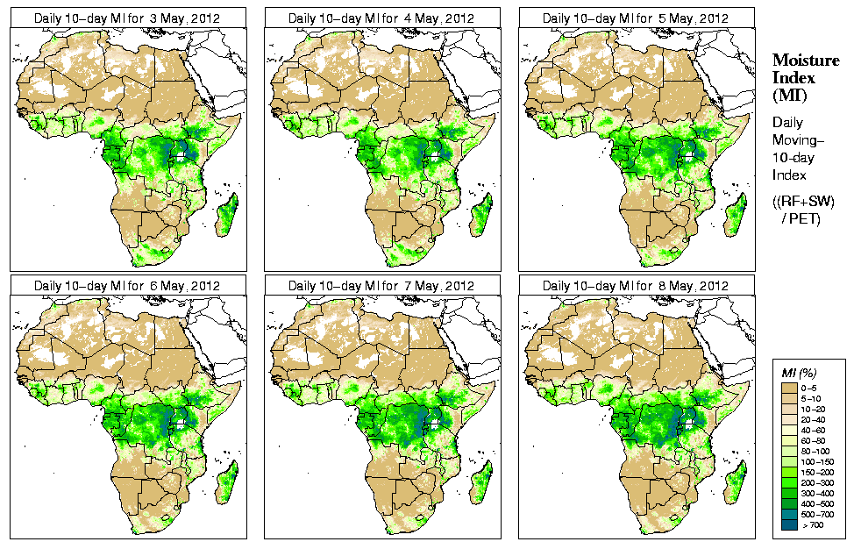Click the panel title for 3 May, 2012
[x=127, y=18]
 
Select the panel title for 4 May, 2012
[x=381, y=18]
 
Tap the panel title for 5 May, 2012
[x=636, y=18]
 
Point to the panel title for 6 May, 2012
[x=127, y=286]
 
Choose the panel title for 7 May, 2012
[x=381, y=286]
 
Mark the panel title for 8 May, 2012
[x=636, y=286]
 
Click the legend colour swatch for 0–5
[x=790, y=387]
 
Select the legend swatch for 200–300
[x=790, y=481]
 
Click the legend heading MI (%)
[x=795, y=374]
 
